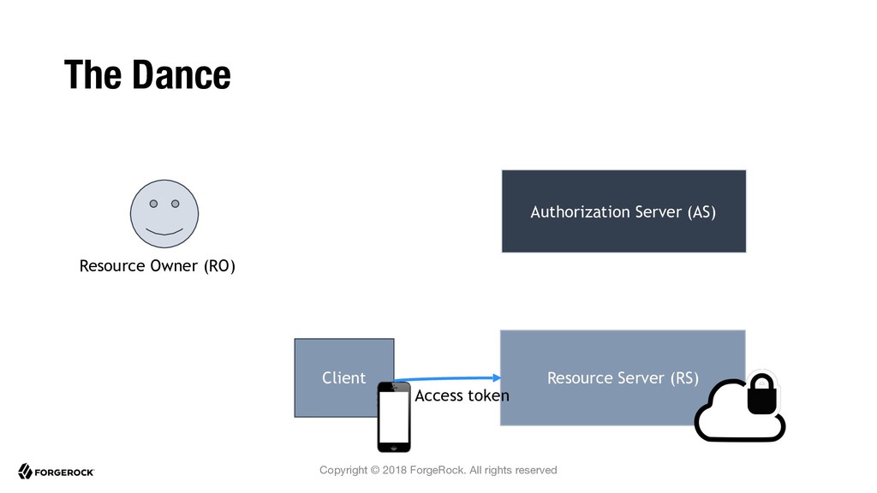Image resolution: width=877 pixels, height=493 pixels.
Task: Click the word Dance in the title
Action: click(x=182, y=75)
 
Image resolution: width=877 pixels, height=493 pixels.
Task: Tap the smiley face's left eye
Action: click(x=153, y=204)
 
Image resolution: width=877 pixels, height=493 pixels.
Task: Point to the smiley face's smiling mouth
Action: click(x=164, y=231)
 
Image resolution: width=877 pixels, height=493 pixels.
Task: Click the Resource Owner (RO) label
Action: click(x=158, y=266)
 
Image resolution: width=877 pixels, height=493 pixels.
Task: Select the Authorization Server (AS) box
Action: click(x=623, y=211)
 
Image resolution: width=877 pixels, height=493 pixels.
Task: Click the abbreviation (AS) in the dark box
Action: click(x=701, y=212)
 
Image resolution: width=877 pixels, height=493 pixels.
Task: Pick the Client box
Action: click(x=344, y=377)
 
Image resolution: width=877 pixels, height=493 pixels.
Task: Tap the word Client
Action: click(x=343, y=377)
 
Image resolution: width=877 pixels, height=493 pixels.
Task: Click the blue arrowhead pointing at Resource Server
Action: click(x=497, y=377)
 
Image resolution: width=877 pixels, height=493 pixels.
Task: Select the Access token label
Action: click(x=462, y=395)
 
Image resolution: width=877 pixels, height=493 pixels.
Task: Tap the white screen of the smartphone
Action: click(x=394, y=417)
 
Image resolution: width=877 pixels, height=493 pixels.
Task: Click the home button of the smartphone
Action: click(x=394, y=447)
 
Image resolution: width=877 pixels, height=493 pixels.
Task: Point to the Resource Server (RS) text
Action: click(x=623, y=377)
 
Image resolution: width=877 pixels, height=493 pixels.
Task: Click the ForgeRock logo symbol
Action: click(x=25, y=472)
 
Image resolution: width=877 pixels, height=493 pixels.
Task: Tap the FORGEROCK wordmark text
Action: click(x=64, y=472)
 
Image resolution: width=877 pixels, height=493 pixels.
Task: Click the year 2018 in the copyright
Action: click(x=394, y=470)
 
